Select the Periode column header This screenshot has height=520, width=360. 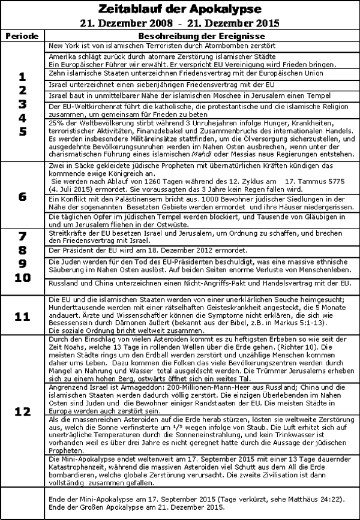tap(23, 37)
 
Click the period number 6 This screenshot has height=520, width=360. tap(23, 197)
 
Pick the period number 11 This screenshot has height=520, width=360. tap(23, 315)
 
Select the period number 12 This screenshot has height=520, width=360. tap(23, 412)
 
